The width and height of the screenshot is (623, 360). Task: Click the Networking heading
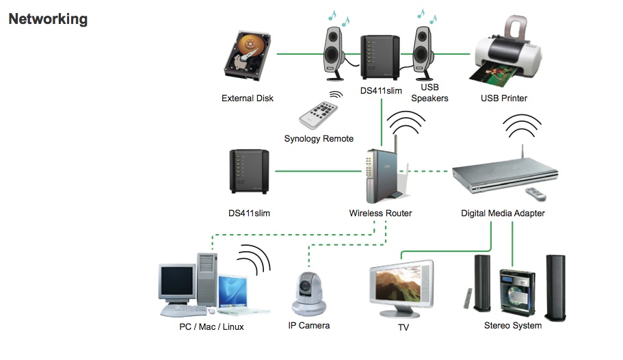pyautogui.click(x=48, y=18)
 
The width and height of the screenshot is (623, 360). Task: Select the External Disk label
pyautogui.click(x=248, y=99)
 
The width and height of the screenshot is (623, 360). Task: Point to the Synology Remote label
pyautogui.click(x=319, y=139)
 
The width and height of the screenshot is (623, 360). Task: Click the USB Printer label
pyautogui.click(x=504, y=99)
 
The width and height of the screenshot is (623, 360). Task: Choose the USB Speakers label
pyautogui.click(x=429, y=93)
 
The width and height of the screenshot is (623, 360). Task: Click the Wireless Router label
pyautogui.click(x=380, y=214)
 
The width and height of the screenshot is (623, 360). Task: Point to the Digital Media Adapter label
pyautogui.click(x=503, y=214)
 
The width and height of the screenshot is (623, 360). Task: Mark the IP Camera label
pyautogui.click(x=309, y=326)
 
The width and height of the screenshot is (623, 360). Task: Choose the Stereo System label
pyautogui.click(x=513, y=326)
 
